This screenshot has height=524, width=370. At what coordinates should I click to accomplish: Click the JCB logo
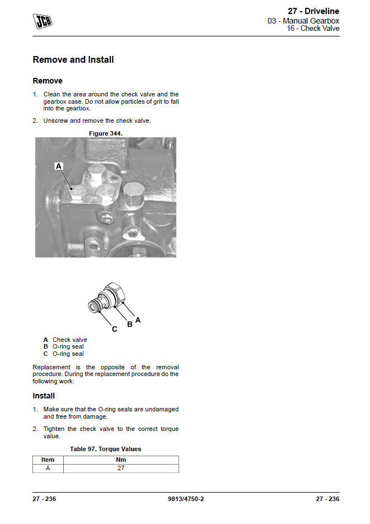pos(43,21)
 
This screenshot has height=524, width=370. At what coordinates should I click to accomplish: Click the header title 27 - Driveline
pos(313,11)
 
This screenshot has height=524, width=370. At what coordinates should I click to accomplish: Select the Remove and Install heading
pos(73,59)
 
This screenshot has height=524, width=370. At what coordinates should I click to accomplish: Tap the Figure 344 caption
pos(105,133)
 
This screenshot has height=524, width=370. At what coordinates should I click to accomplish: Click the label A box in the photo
pos(59,166)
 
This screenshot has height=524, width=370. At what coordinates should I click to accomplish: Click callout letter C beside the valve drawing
pos(114,329)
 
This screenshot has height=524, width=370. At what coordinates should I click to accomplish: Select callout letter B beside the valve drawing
pos(129,324)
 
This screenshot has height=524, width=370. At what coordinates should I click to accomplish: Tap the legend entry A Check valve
pos(65,340)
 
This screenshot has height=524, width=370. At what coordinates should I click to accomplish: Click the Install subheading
pos(44,396)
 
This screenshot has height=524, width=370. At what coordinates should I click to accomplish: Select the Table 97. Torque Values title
pos(105,449)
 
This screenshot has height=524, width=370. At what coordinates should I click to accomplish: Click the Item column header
pos(48,460)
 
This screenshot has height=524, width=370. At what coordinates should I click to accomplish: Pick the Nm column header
pos(121,460)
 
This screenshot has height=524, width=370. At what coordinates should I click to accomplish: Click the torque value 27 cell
pos(121,468)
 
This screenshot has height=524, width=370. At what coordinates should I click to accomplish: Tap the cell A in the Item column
pos(48,468)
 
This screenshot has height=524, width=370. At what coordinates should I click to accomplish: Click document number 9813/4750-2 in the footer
pos(185,499)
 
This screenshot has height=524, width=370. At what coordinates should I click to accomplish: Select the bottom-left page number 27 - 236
pos(44,499)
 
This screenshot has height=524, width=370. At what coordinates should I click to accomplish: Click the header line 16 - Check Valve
pos(313,29)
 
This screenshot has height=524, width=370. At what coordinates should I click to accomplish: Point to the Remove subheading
pos(48,81)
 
